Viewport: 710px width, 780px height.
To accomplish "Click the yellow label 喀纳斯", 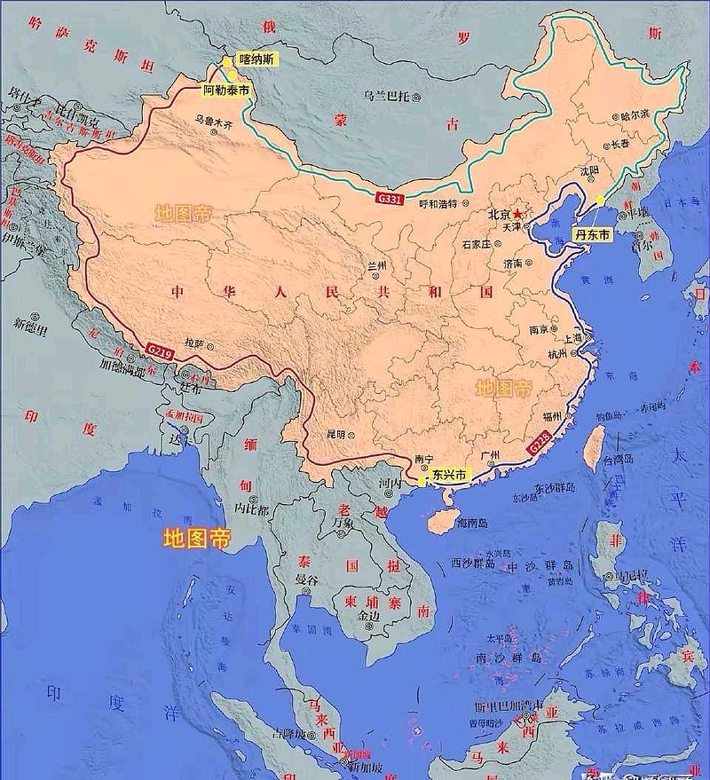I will (x=256, y=59).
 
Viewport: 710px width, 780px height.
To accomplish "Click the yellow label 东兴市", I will (x=446, y=476).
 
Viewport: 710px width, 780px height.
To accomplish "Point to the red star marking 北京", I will (x=517, y=215).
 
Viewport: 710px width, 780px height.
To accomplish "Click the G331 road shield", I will (x=388, y=197).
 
